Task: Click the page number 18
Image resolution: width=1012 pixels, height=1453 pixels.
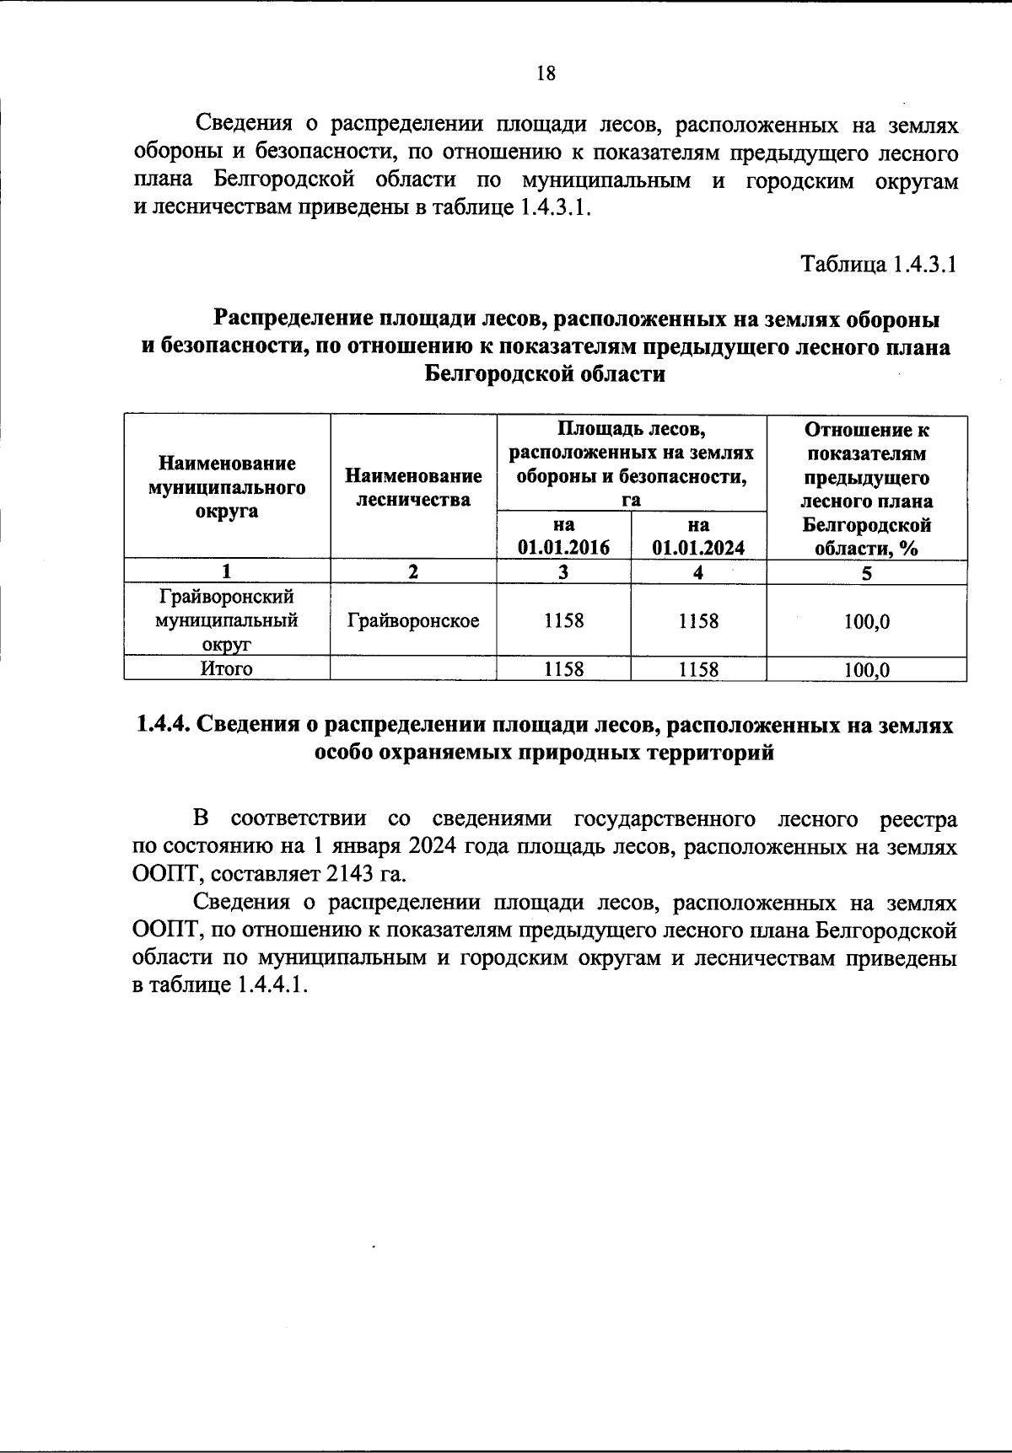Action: [x=546, y=73]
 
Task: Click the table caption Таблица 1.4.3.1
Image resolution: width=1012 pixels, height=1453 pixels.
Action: [x=878, y=265]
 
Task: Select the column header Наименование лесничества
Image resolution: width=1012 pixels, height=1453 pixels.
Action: [x=413, y=487]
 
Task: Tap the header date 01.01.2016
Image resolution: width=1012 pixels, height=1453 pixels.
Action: [x=563, y=547]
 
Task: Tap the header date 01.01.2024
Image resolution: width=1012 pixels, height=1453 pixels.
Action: [x=698, y=547]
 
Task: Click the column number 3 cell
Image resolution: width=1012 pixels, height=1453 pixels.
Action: [x=563, y=572]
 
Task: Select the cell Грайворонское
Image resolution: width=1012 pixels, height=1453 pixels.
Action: [x=413, y=621]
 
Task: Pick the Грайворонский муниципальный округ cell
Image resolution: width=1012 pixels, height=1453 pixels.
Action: [x=226, y=621]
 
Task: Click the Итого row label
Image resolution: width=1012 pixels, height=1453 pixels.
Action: [x=226, y=669]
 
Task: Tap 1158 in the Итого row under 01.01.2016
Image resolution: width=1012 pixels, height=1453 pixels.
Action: [x=563, y=670]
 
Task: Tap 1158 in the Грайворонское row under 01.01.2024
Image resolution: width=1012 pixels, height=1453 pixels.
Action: [x=698, y=621]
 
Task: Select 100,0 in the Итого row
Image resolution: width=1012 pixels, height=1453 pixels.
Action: [x=866, y=671]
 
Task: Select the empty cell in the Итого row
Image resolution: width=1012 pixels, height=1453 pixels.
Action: [x=413, y=669]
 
